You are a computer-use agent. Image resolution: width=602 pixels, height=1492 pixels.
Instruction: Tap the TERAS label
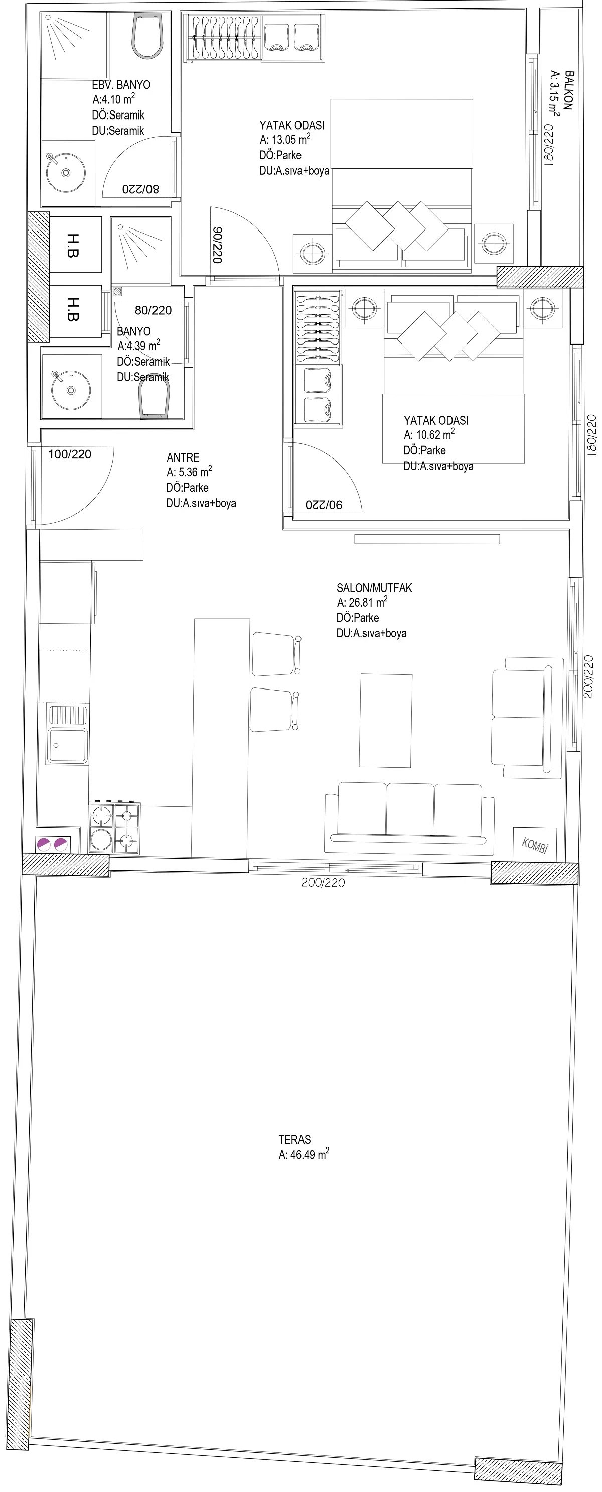tap(294, 1139)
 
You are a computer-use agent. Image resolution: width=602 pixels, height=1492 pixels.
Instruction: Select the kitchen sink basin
tap(68, 745)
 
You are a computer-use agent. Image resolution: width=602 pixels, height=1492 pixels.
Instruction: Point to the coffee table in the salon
tap(385, 720)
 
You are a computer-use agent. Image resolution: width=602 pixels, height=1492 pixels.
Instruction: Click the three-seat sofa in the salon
tap(410, 817)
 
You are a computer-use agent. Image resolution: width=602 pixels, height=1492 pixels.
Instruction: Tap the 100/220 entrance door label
tap(69, 454)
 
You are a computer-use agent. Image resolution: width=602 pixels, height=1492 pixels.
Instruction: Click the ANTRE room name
tap(183, 457)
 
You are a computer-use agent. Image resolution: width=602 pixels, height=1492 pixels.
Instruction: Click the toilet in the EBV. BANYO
tap(147, 36)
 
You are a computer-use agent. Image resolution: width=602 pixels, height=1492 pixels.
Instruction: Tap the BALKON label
tap(569, 90)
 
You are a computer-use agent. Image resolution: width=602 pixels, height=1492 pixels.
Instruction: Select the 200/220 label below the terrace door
tap(323, 883)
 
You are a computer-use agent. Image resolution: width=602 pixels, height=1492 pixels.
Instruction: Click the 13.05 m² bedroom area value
tap(285, 139)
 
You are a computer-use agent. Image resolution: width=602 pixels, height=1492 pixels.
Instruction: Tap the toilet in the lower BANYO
tap(154, 401)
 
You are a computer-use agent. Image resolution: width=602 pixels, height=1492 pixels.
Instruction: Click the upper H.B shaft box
tap(76, 245)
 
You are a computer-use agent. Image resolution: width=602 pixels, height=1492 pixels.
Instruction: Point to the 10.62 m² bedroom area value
tap(429, 434)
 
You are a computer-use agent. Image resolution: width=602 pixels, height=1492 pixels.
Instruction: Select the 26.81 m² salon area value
tap(362, 602)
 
